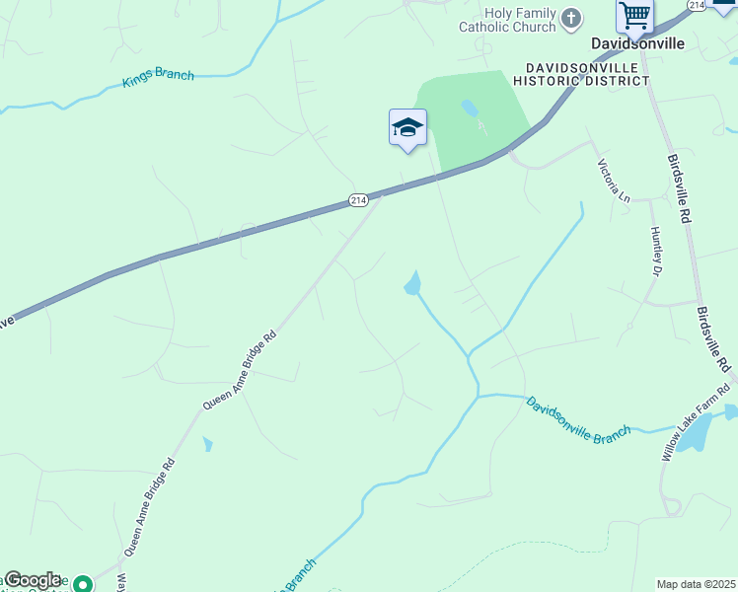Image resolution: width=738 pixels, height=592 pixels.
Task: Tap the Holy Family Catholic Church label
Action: tap(508, 20)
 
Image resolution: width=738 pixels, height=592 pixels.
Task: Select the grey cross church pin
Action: tap(571, 18)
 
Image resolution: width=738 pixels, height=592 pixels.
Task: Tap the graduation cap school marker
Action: tap(407, 128)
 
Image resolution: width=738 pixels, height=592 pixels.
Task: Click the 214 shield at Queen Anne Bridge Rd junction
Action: tap(358, 200)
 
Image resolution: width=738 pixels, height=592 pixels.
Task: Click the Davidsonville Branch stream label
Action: tap(577, 420)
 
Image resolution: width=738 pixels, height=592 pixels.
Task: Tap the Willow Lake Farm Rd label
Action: tap(697, 421)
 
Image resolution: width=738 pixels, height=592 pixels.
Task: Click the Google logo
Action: tap(34, 580)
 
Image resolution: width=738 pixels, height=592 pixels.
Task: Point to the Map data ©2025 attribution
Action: tap(697, 584)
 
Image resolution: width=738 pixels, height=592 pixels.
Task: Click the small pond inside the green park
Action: tap(470, 107)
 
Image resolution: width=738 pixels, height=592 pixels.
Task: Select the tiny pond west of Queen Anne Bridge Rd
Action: tap(207, 444)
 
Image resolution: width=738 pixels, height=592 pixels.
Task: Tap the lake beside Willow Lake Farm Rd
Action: tap(698, 431)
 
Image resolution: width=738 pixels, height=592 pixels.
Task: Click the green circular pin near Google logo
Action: tap(84, 584)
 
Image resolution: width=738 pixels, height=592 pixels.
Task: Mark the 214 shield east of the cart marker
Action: tap(697, 6)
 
